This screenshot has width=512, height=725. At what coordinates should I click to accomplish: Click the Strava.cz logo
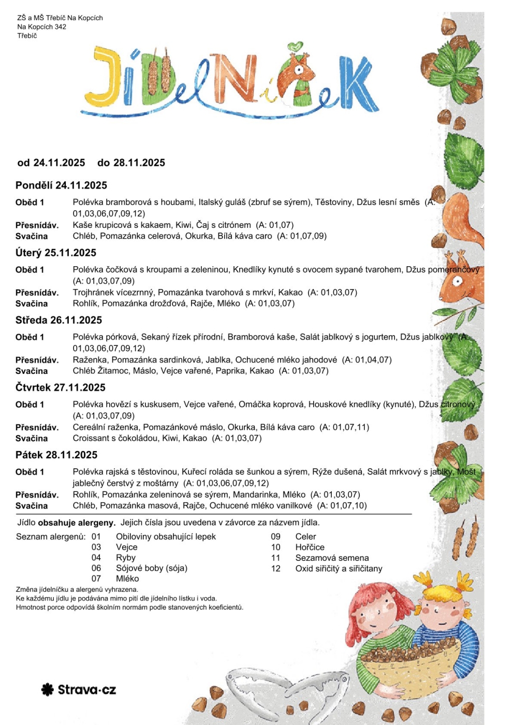coord(79,689)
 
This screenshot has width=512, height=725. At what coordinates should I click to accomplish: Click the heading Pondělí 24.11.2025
coord(61,185)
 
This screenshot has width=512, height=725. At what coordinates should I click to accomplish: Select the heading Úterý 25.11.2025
coord(56,253)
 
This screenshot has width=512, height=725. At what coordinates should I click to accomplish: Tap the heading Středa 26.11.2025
coord(58,320)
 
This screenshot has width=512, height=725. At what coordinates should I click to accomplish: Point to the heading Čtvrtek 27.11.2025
coord(60,387)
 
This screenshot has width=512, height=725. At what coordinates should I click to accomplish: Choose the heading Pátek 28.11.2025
coord(56,455)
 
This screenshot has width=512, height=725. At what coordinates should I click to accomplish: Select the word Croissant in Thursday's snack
coord(91,438)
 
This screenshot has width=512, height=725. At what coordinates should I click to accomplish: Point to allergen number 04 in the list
coord(96,558)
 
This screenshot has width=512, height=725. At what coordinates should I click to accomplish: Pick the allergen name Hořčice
coord(310,547)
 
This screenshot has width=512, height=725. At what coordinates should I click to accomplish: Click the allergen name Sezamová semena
coord(332,558)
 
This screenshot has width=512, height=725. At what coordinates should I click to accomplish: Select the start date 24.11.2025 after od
coord(59,163)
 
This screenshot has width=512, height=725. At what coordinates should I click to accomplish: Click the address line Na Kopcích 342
coord(41,26)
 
